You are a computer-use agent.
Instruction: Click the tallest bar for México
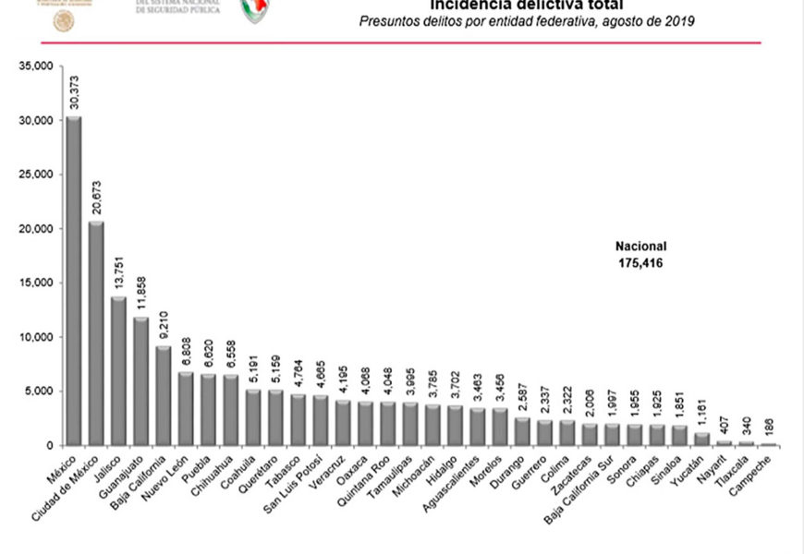[73, 281]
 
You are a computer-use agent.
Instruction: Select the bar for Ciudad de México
[95, 333]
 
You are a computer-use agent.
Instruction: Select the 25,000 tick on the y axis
[38, 175]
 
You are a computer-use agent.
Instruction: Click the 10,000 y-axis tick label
[38, 337]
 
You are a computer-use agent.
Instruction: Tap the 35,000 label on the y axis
[38, 66]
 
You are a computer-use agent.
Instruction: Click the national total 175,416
[640, 263]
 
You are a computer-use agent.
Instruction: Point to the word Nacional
[640, 247]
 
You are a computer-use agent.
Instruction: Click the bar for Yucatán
[701, 439]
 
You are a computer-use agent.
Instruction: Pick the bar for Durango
[522, 431]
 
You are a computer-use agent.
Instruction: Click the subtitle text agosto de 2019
[647, 20]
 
